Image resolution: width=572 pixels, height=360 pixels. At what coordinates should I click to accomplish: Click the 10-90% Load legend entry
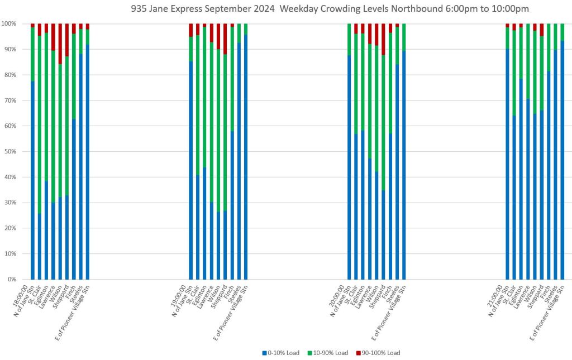[x=327, y=353]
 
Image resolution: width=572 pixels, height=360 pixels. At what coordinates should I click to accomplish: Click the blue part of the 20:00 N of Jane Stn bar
[x=349, y=167]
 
